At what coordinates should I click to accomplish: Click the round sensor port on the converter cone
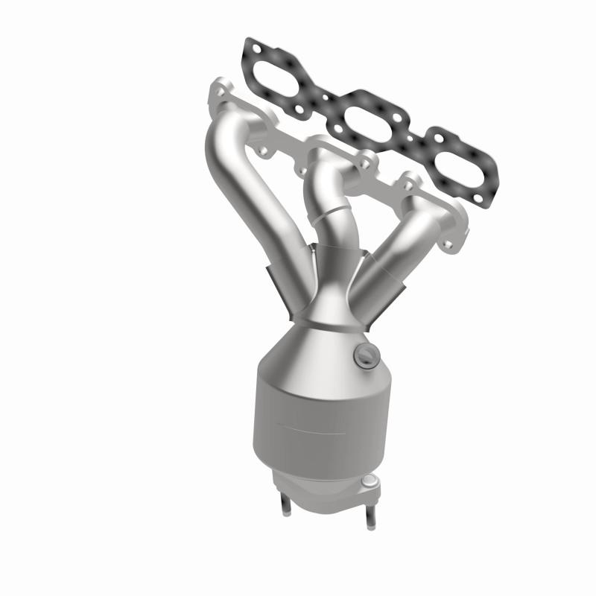coord(363,354)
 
